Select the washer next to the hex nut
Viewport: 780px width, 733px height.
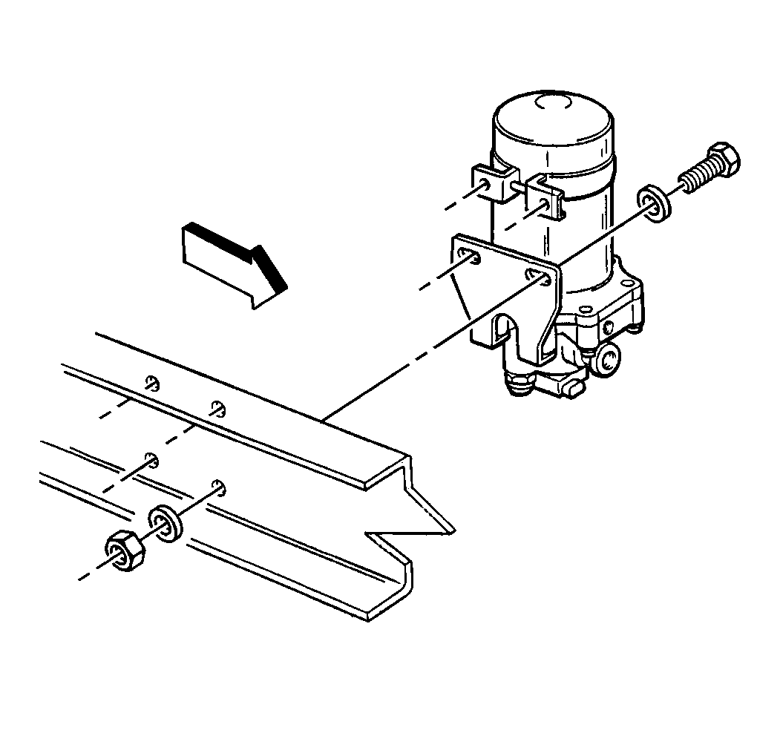[165, 524]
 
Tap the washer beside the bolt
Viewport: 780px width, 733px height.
[653, 203]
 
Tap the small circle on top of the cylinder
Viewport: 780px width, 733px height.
[551, 104]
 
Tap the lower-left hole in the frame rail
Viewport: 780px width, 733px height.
[151, 459]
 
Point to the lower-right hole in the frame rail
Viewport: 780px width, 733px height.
[218, 485]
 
